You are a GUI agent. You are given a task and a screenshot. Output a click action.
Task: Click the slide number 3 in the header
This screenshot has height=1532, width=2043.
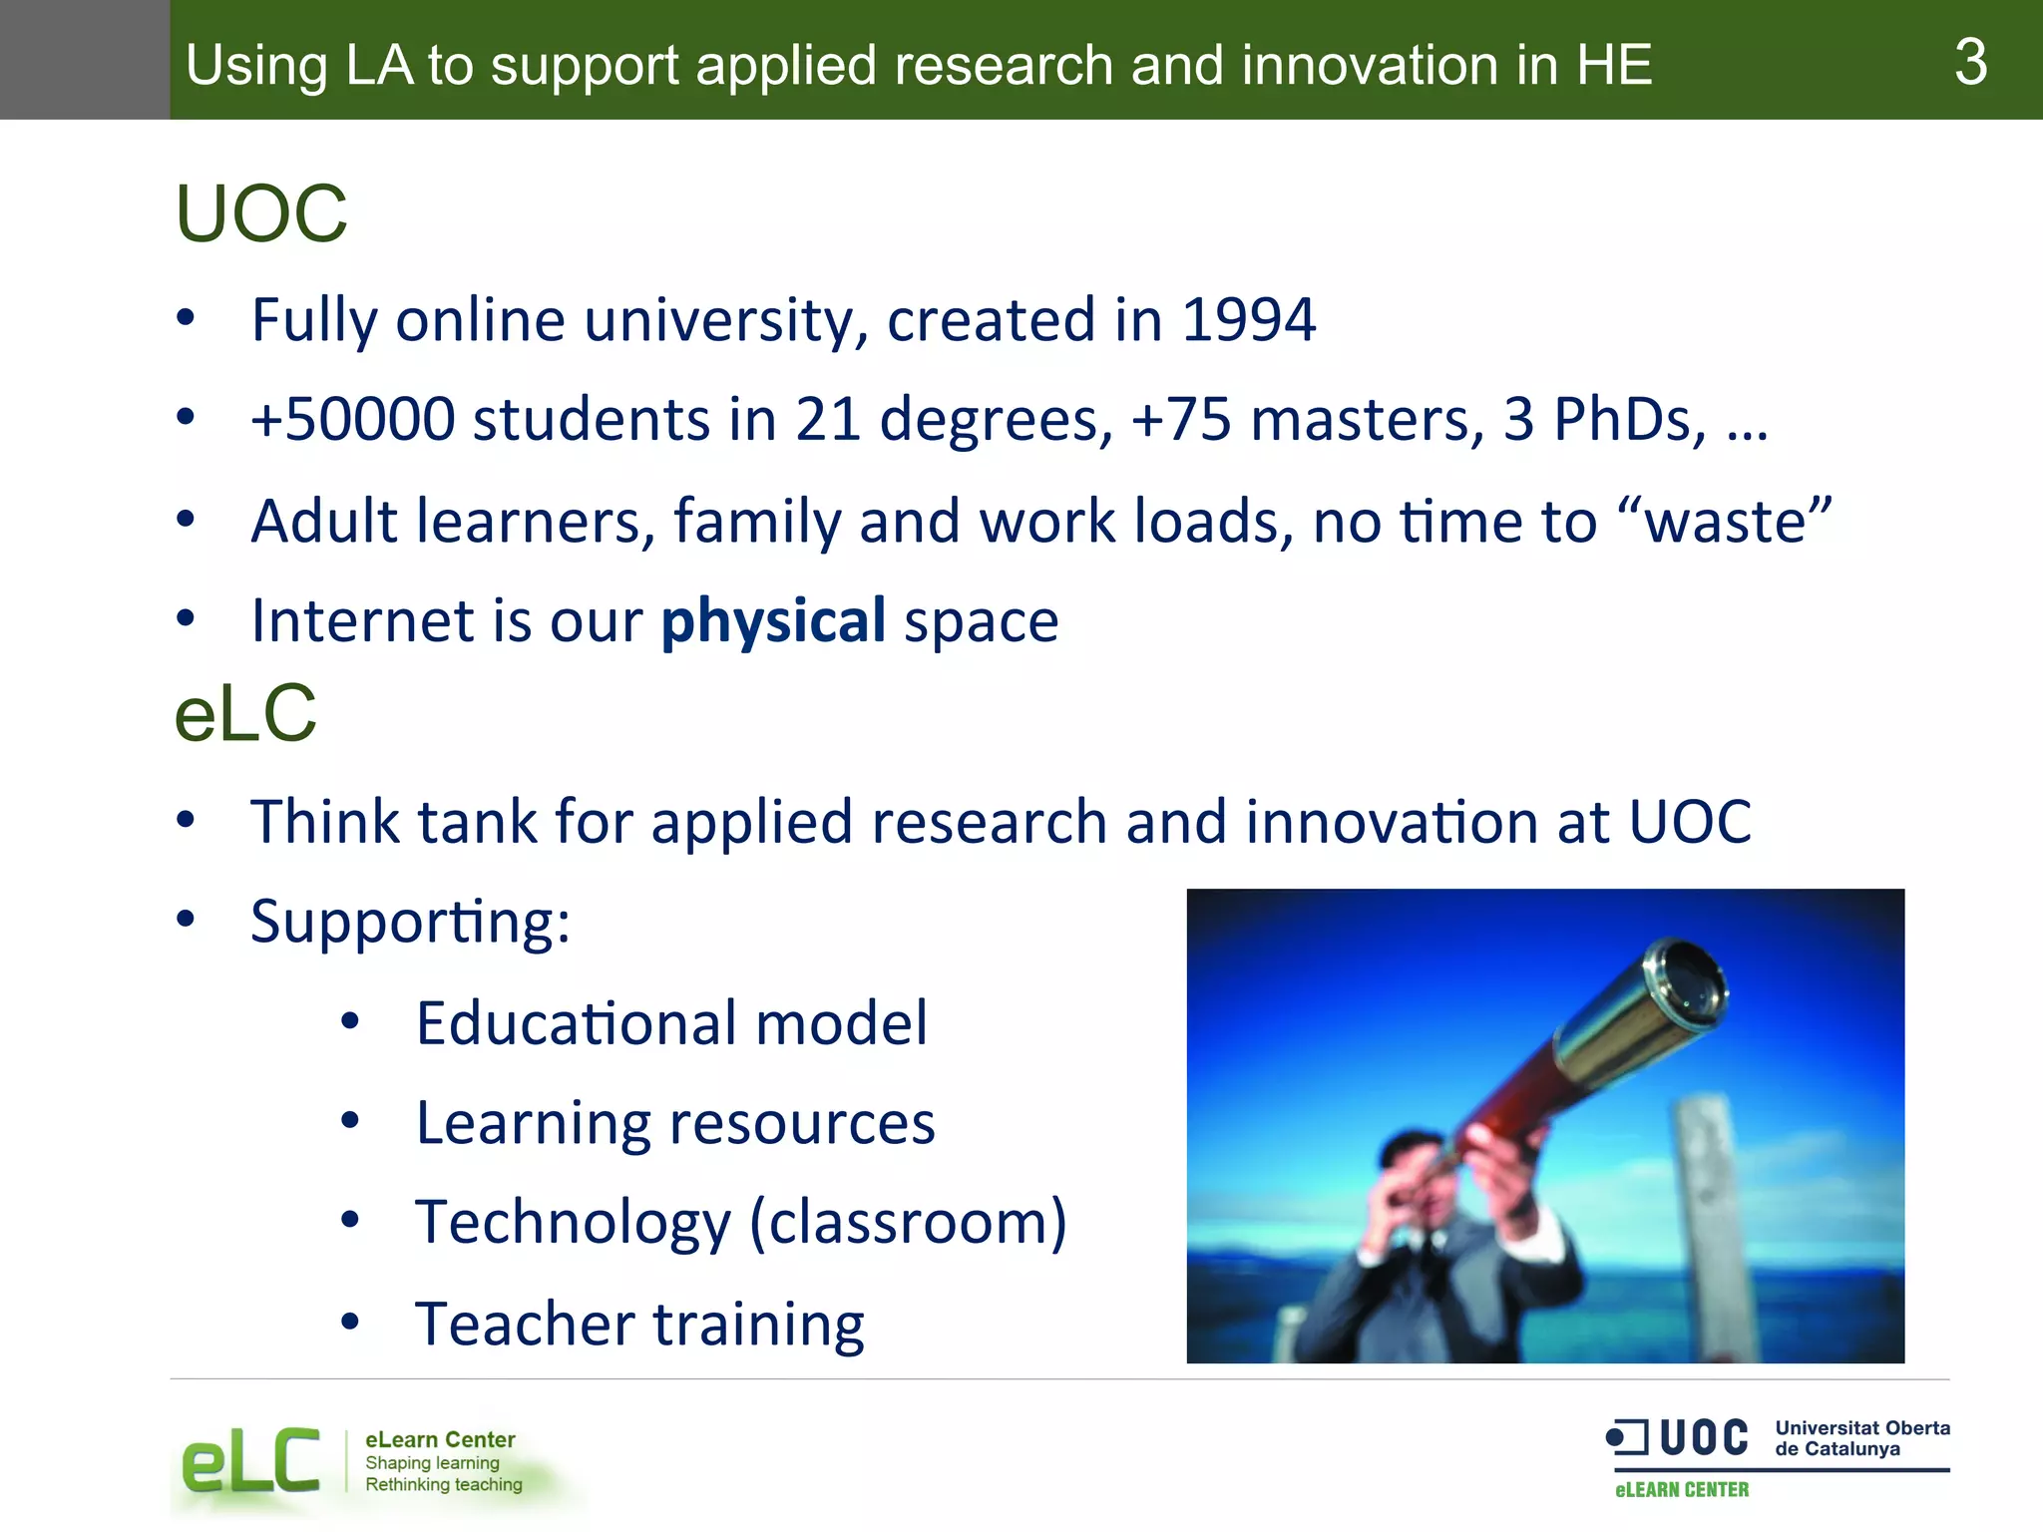1970,62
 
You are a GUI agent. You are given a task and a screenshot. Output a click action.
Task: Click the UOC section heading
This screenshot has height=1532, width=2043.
261,214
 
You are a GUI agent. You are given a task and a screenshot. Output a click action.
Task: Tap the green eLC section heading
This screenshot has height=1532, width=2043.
245,714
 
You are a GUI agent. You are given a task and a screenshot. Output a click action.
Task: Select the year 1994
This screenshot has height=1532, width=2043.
1248,320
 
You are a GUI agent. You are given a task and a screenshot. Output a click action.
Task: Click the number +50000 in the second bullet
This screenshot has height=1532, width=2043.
353,419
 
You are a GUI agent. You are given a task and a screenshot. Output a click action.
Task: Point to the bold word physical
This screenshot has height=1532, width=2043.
773,620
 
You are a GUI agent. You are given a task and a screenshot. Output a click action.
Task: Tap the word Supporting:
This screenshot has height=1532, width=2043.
410,922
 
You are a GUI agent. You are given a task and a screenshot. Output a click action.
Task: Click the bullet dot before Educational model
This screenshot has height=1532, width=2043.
349,1021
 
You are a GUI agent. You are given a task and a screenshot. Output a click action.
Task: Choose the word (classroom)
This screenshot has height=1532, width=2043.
908,1222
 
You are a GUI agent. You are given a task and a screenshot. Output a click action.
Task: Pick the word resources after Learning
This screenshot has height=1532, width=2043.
802,1123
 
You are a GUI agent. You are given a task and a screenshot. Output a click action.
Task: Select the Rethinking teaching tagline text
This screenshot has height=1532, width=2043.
443,1485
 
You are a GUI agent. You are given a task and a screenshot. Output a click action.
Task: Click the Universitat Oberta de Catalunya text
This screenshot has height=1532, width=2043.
1861,1438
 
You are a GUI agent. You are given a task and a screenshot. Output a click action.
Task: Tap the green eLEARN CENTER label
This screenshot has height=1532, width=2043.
1682,1490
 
